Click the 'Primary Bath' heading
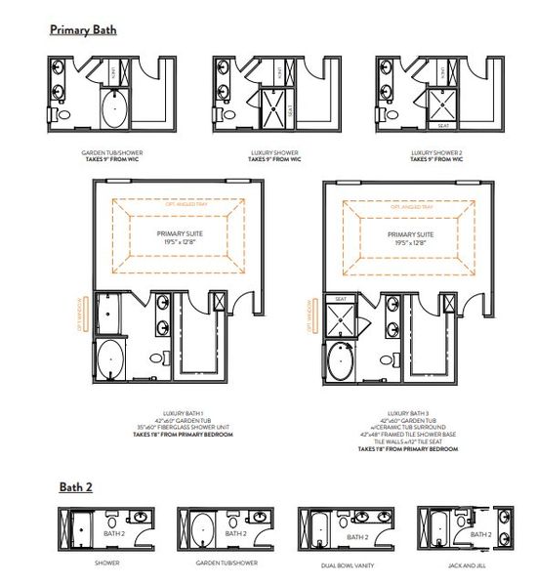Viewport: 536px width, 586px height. [83, 29]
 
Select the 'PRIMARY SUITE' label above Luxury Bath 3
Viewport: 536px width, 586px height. [412, 234]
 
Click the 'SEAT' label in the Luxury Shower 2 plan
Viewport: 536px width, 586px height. [444, 125]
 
